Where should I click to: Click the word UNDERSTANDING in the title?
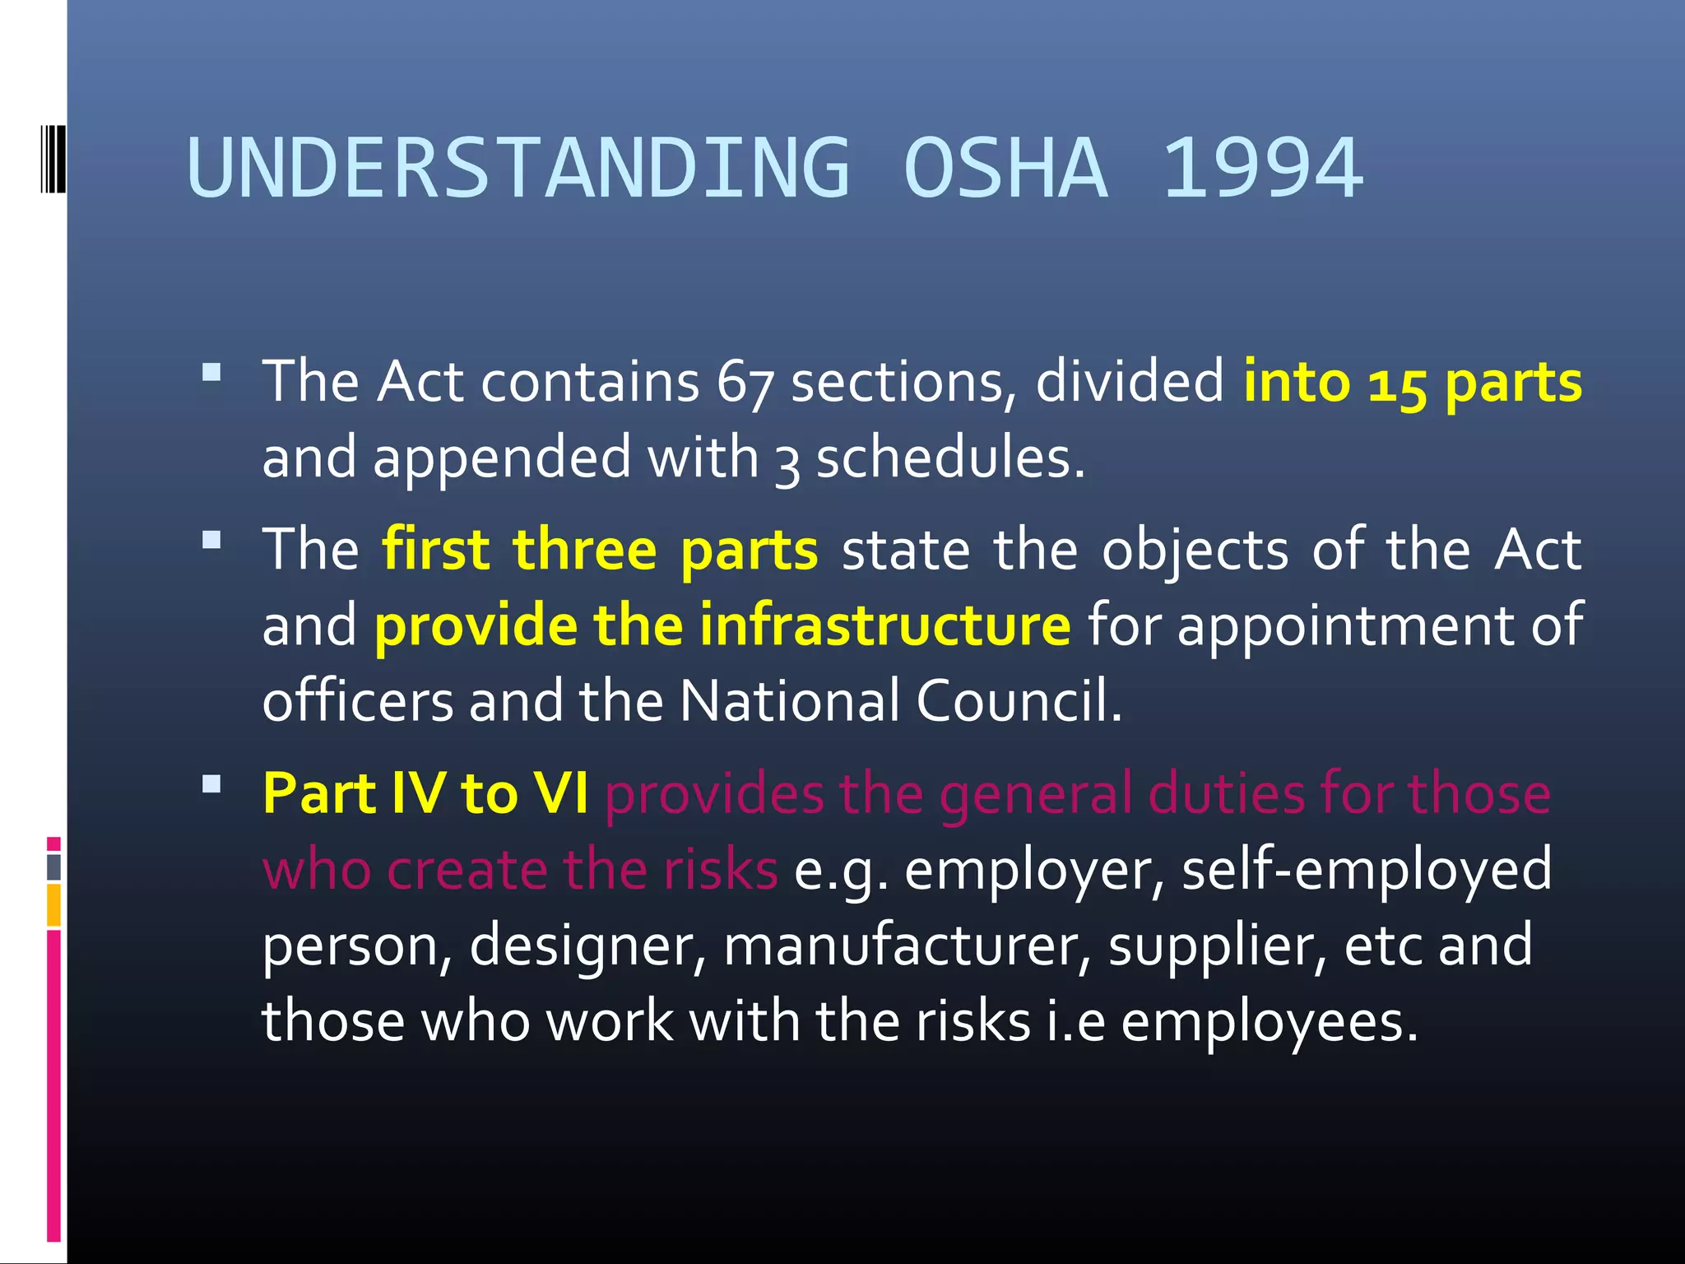(x=518, y=169)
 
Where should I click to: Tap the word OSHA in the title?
(x=1005, y=169)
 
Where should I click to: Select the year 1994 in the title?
(x=1263, y=169)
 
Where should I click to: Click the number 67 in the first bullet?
(x=745, y=383)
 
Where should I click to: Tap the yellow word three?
(x=584, y=550)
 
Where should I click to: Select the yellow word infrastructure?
(x=885, y=625)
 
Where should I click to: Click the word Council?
(x=1019, y=701)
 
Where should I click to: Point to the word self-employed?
(x=1367, y=869)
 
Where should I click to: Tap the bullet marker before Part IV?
(x=211, y=783)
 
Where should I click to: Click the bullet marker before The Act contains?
(x=211, y=373)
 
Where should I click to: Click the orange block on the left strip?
(x=53, y=905)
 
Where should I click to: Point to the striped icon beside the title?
(x=53, y=158)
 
